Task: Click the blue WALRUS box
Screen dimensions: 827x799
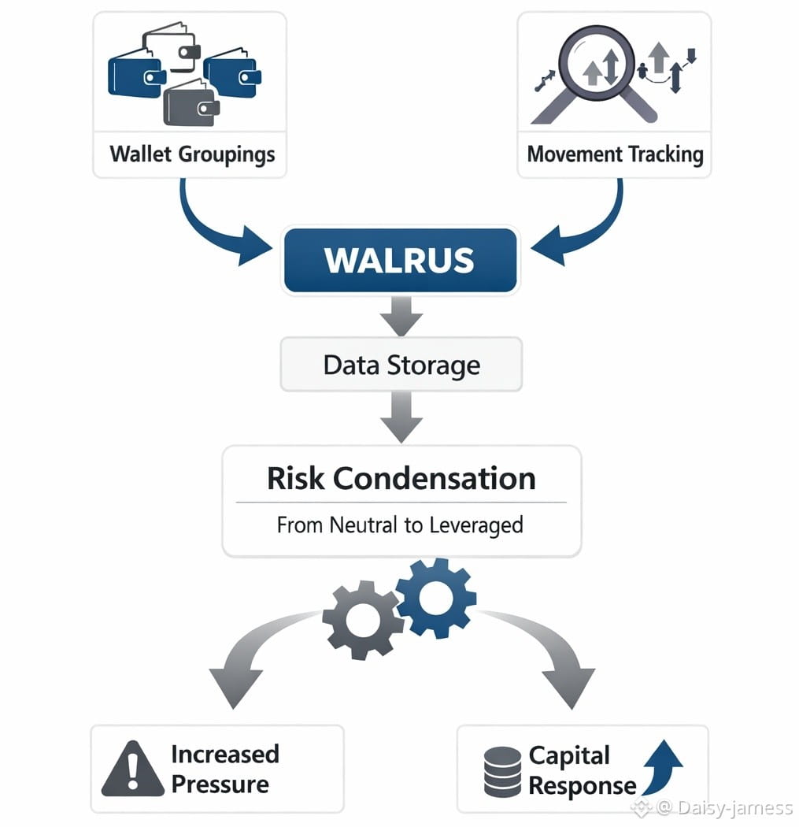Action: click(400, 261)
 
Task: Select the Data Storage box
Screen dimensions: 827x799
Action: click(401, 365)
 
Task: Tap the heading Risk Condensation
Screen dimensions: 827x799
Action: click(401, 478)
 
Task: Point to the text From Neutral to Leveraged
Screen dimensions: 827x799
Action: click(400, 525)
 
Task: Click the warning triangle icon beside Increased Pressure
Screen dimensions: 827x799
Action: click(132, 769)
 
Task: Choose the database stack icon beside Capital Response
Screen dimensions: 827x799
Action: click(502, 772)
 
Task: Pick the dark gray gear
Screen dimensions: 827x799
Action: click(361, 619)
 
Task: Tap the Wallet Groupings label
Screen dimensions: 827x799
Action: click(192, 153)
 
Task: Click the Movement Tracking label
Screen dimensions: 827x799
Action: click(615, 153)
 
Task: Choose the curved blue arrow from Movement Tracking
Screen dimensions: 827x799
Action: click(586, 226)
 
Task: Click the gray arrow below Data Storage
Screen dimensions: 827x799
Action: click(401, 417)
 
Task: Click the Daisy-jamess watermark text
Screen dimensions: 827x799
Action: click(723, 808)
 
